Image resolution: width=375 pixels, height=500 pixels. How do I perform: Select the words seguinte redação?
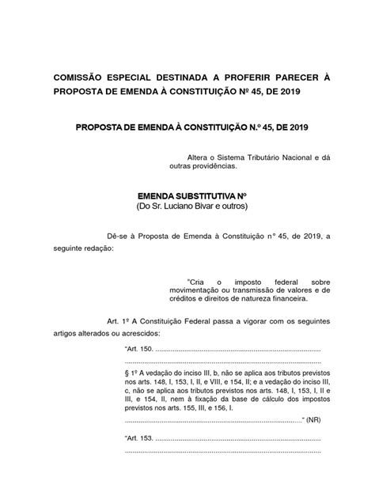coord(83,248)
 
